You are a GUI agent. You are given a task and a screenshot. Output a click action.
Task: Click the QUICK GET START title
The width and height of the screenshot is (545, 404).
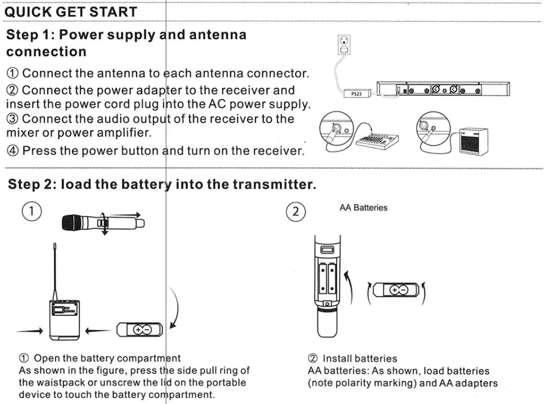70,11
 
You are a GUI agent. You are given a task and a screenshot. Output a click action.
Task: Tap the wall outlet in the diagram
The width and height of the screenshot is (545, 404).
343,44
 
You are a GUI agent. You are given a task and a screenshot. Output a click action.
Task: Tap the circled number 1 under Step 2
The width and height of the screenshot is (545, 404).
32,212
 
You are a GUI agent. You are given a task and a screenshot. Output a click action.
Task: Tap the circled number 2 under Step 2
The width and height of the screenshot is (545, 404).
296,212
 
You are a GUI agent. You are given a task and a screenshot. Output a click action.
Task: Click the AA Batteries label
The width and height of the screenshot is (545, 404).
363,207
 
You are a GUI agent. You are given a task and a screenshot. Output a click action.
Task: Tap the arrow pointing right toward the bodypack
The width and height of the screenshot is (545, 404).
30,330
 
